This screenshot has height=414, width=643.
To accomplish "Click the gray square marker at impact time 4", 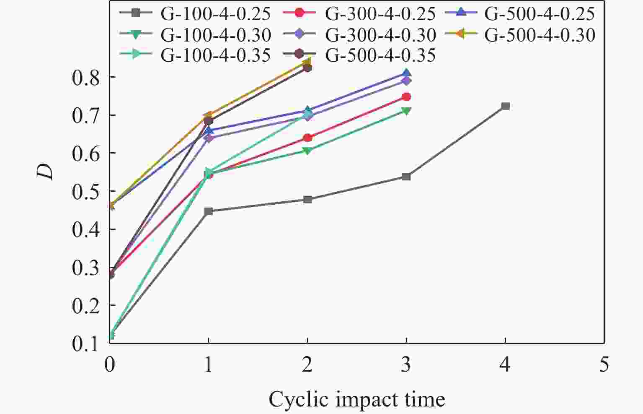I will pos(505,106).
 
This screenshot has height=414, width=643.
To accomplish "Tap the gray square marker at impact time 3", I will pos(406,177).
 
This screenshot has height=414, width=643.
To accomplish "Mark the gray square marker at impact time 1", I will pos(209,211).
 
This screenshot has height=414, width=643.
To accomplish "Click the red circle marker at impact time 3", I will pos(406,97).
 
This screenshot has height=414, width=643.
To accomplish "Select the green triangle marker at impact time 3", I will pos(406,111).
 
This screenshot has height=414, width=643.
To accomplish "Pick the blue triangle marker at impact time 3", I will pos(406,74).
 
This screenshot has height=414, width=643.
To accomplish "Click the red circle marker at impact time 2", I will pos(307,138).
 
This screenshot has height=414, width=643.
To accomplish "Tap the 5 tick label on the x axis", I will pos(604,365).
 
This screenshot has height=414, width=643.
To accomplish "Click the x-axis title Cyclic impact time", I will pos(356,399).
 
